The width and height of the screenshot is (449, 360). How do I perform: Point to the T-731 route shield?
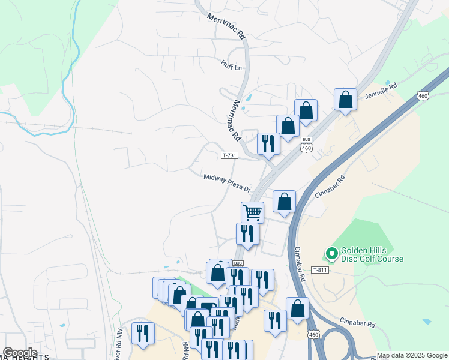pos(229,155)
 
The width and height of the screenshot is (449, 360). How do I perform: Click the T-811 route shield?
pos(320,271)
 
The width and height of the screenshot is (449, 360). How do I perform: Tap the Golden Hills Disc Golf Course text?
pos(372,254)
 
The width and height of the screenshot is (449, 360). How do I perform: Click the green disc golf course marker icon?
pos(331,254)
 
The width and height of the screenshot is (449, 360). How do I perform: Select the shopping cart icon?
pos(252,212)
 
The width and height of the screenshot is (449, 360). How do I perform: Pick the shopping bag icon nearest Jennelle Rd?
pos(345,99)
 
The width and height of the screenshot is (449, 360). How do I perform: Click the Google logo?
pos(20,352)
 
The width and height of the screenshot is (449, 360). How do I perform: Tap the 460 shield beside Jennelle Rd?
pos(423,96)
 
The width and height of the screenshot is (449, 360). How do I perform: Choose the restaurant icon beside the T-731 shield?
pos(268,143)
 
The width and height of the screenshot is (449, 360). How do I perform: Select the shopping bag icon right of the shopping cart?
pos(285,202)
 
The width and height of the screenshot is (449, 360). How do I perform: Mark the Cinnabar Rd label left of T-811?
pos(301,265)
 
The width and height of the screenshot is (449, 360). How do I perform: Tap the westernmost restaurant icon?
pos(143,333)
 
